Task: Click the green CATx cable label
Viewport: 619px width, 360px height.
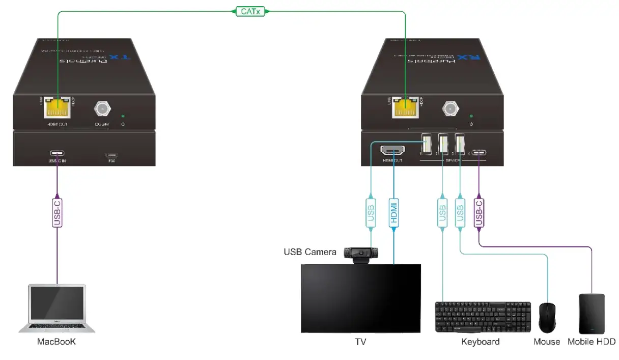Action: coord(249,11)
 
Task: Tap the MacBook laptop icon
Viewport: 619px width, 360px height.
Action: coord(57,309)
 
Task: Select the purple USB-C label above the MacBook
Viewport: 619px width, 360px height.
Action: coord(57,213)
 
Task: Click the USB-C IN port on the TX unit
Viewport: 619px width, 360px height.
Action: coord(57,155)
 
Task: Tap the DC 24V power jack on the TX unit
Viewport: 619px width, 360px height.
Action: coord(101,108)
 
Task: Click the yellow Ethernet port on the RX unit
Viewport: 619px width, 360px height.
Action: coord(405,108)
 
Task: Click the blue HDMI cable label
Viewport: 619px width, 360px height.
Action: coord(393,213)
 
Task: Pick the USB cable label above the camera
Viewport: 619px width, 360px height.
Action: coord(371,213)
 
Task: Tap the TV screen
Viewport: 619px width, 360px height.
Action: coord(360,298)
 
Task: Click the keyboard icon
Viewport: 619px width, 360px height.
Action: coord(475,317)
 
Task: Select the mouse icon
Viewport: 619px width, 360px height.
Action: coord(547,317)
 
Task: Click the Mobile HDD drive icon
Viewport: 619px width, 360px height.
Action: coord(592,314)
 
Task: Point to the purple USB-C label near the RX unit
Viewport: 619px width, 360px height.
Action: coord(479,213)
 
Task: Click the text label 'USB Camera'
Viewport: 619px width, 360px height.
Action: coord(309,252)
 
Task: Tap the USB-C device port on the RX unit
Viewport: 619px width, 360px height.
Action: coord(479,152)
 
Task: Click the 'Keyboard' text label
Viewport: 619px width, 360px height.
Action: coord(480,342)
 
